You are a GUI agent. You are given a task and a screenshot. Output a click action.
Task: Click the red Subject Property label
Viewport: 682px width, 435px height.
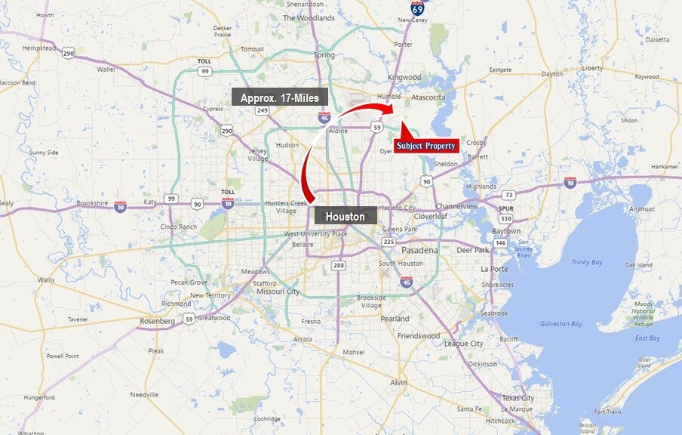coord(426,145)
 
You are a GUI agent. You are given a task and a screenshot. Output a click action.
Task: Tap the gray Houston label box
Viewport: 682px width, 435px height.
coord(345,216)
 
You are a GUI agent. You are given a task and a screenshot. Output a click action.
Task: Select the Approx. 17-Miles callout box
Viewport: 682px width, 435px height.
coord(279,97)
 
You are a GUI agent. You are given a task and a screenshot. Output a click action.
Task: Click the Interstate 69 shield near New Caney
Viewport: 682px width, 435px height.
coord(417,8)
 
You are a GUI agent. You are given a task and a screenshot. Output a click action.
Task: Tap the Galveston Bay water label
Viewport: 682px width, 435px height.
coord(561,324)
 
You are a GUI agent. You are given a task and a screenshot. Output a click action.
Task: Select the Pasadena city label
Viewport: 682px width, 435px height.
coord(419,250)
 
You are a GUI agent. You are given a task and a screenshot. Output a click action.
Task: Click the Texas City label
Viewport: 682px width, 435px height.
coord(518,398)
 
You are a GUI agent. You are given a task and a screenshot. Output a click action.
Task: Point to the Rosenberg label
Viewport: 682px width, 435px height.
coord(157,321)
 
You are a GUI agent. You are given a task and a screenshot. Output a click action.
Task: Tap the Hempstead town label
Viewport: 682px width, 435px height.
coord(39,48)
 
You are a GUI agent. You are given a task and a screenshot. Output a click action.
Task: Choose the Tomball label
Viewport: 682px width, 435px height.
coord(252,49)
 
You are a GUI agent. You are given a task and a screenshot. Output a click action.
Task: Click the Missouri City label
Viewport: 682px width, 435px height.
coord(278,292)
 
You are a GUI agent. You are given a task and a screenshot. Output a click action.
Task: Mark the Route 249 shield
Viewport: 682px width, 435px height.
coord(263,110)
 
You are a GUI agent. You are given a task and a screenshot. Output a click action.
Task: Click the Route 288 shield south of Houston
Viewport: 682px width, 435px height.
coord(338,265)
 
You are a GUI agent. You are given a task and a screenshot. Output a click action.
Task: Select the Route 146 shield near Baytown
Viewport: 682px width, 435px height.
coord(500,243)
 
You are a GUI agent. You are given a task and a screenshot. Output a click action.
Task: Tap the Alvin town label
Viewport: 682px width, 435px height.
coord(398,383)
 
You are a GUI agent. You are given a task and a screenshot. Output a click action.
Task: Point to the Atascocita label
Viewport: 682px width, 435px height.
coord(428,97)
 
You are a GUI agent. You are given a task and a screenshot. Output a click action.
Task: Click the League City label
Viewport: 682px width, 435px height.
coord(463,344)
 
